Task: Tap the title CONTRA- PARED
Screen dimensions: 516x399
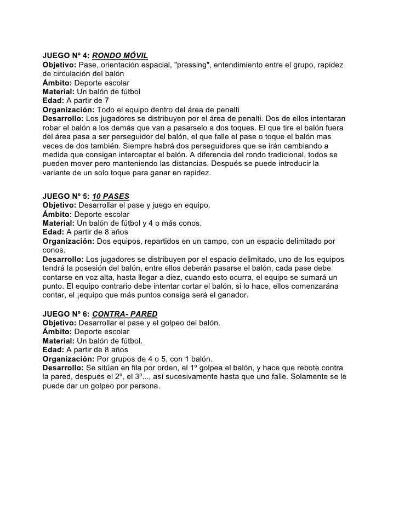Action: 125,314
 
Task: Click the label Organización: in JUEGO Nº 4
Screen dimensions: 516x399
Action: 68,109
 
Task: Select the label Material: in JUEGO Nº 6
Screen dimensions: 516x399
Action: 58,340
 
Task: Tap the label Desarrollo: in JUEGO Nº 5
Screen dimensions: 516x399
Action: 63,258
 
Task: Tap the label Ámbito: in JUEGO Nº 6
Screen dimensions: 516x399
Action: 57,331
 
